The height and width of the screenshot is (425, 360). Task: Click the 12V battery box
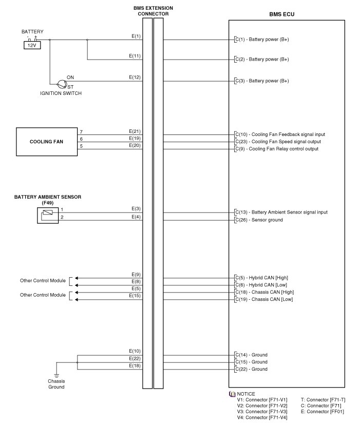[32, 45]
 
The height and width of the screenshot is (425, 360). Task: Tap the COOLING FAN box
[46, 141]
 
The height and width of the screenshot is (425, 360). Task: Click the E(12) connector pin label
[135, 78]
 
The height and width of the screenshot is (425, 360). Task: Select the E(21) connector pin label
[135, 131]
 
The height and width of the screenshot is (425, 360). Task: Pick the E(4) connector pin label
[136, 216]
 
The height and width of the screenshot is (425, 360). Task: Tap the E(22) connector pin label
[135, 358]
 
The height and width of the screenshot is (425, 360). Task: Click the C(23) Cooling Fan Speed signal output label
[278, 142]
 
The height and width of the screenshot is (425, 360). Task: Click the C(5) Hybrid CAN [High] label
[261, 278]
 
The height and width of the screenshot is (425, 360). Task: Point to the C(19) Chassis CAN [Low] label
[264, 299]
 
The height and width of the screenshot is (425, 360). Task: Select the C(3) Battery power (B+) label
[262, 81]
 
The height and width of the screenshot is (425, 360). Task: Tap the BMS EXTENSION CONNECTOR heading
[153, 11]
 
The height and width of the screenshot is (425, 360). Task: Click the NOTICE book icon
[232, 394]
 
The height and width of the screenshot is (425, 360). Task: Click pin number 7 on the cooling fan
[81, 132]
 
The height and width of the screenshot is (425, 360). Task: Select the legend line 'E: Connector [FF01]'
[323, 411]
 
